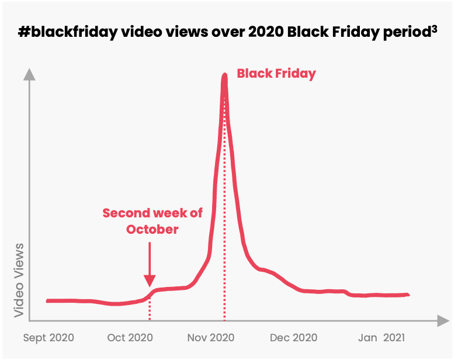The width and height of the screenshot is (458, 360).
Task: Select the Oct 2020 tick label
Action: click(130, 338)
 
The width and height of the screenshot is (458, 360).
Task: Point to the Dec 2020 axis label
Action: click(294, 338)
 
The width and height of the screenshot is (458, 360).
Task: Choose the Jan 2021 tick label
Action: click(377, 338)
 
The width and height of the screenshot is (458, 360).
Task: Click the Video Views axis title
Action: click(20, 280)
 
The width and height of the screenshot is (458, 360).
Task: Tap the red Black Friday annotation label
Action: click(276, 74)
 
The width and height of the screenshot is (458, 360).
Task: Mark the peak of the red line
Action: click(224, 75)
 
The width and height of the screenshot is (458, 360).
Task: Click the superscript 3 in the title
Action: click(435, 29)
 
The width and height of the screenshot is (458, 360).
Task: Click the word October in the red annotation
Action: click(152, 229)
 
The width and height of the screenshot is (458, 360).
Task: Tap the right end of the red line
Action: click(408, 295)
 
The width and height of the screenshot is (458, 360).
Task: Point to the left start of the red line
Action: click(47, 301)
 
